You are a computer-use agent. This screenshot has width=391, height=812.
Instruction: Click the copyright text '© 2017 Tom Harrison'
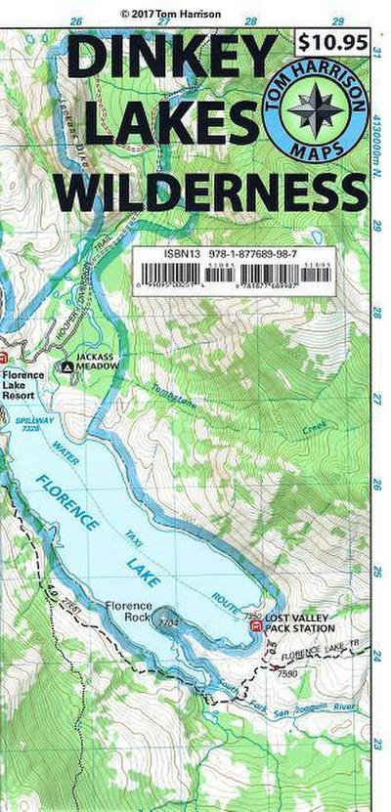pyautogui.click(x=172, y=14)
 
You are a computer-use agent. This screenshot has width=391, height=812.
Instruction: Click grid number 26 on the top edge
pyautogui.click(x=76, y=21)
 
